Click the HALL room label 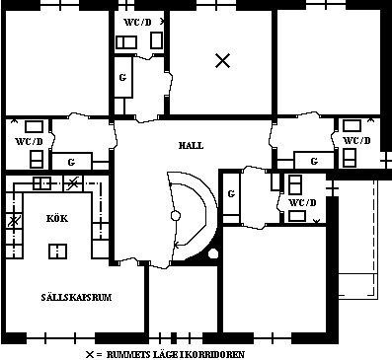coord(191,145)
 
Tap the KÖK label coord(57,218)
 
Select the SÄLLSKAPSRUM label coord(76,297)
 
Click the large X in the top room coord(223,61)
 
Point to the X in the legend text coord(90,355)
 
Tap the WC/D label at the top coord(137,23)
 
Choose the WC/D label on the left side coord(30,142)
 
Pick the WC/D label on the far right coord(356,141)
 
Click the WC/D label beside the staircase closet coord(302,202)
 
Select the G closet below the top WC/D coord(122,78)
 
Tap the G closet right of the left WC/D coord(71,162)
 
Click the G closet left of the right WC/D coord(314,161)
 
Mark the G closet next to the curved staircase coord(231,194)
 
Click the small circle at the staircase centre coord(176,216)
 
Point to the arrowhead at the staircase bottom coord(176,245)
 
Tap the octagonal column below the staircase coord(213,253)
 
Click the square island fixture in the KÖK coord(57,252)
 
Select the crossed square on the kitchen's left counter coord(14,221)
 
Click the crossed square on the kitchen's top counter coord(73,182)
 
